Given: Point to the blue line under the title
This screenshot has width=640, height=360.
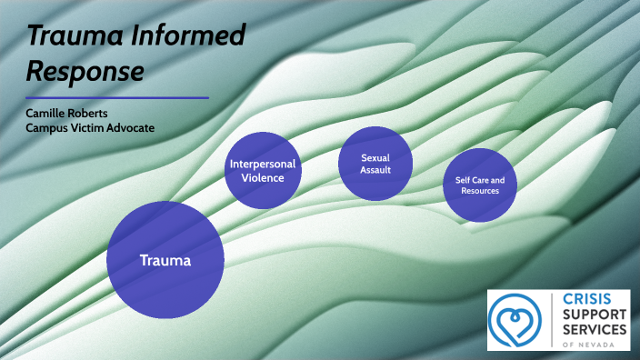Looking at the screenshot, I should [x=117, y=97].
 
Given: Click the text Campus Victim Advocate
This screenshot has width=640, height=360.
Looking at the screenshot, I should [x=90, y=128].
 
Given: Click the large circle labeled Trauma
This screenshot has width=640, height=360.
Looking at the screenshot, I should [x=165, y=260].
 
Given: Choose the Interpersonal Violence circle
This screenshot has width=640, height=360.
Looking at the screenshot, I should [x=263, y=171].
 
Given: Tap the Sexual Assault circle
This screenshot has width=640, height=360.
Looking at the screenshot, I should [x=375, y=164].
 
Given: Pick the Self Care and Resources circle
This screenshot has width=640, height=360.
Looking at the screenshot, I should [x=479, y=185].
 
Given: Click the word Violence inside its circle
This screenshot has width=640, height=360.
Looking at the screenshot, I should [x=263, y=178].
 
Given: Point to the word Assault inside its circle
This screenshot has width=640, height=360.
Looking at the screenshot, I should [x=375, y=169].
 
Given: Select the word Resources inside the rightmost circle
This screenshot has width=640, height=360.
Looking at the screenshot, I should [x=479, y=192].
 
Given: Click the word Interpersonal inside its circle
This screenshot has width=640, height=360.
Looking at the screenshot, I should [x=263, y=165].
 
